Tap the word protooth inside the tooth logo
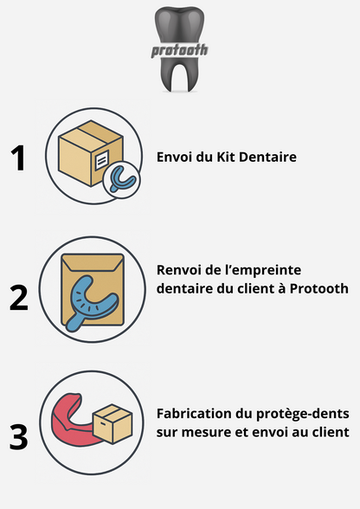pyautogui.click(x=179, y=49)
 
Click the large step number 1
pyautogui.click(x=19, y=159)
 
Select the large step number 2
pyautogui.click(x=19, y=296)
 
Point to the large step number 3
pyautogui.click(x=19, y=435)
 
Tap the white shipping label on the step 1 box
pyautogui.click(x=100, y=160)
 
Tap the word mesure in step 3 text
pyautogui.click(x=208, y=431)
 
